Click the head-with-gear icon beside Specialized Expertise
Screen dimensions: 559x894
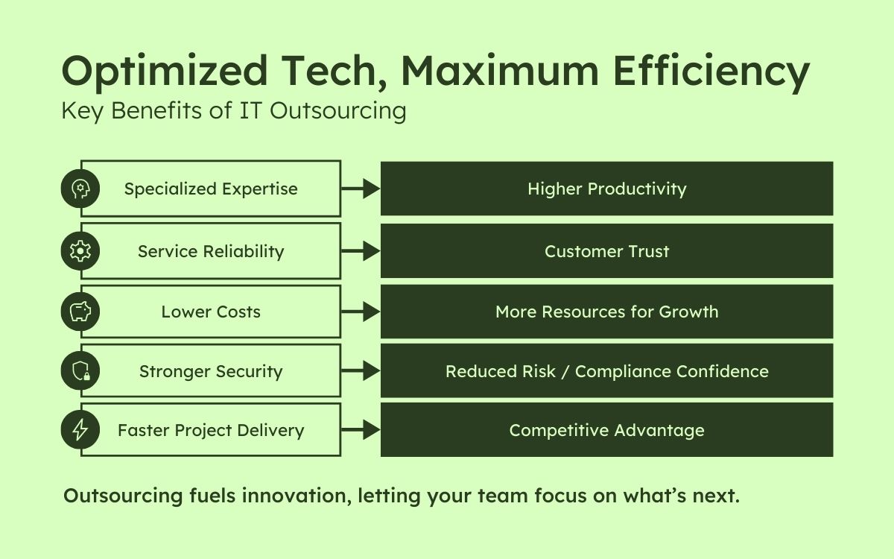tap(80, 189)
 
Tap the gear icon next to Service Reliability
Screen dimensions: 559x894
tap(80, 251)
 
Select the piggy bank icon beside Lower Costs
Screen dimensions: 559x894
tap(80, 312)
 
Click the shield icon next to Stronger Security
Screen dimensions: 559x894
tap(80, 371)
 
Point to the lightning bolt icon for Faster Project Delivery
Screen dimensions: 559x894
tap(80, 430)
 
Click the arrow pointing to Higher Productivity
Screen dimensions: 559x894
tap(361, 189)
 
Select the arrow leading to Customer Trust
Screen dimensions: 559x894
tap(361, 251)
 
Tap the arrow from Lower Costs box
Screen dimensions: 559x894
tap(361, 312)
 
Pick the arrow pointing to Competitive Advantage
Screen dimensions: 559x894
tap(361, 430)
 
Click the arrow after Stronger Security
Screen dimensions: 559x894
tap(361, 371)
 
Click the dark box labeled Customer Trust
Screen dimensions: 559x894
tap(606, 251)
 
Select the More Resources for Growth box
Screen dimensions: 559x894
tap(606, 312)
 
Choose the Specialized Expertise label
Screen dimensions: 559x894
tap(211, 189)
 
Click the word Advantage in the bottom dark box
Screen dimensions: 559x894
tap(653, 430)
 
